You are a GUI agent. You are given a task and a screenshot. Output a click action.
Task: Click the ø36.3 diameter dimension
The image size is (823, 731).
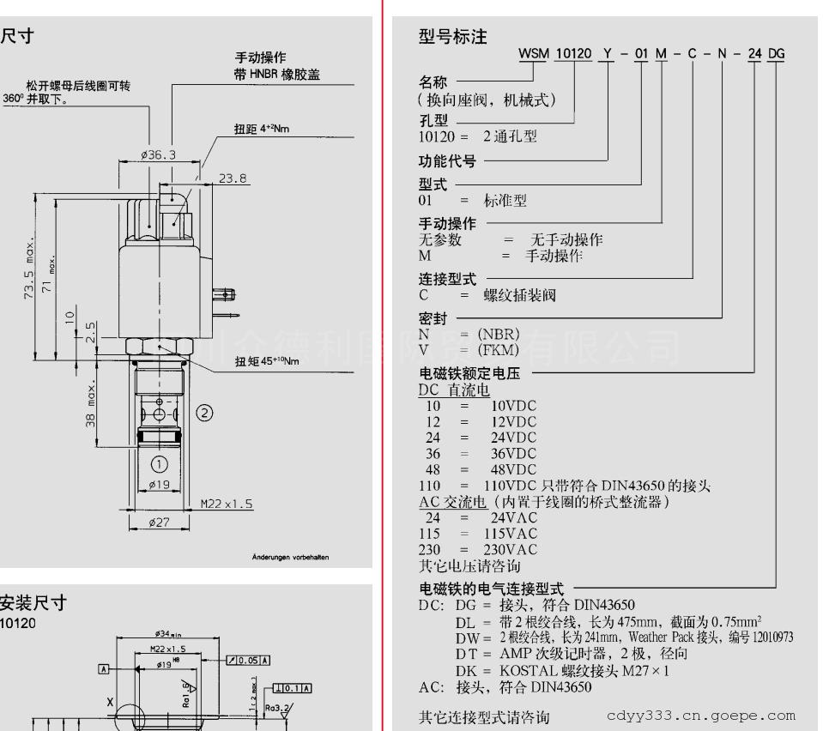coord(158,155)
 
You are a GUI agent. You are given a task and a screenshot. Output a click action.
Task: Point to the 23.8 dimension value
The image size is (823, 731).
coord(233,179)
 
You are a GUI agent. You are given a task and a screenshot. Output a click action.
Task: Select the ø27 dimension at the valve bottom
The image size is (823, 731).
coord(159,523)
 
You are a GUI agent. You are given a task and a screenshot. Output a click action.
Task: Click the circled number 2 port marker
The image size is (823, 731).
coord(203,413)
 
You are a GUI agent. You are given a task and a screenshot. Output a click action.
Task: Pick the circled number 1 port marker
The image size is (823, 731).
coord(159,464)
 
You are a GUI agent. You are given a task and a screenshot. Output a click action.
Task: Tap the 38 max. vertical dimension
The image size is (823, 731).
coord(92,408)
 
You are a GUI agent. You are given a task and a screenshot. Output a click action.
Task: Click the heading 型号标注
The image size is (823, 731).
coord(452,36)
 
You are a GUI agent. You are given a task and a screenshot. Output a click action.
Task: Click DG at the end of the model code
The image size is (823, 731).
coord(776,55)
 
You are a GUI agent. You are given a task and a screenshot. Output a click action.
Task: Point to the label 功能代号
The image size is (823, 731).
coord(447,160)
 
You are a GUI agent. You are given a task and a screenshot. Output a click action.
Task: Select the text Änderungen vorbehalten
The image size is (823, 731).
coord(290,558)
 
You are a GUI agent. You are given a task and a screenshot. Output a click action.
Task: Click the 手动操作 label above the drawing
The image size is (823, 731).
coord(262,57)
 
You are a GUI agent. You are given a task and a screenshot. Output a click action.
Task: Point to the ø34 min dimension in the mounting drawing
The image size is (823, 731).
coord(167,635)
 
